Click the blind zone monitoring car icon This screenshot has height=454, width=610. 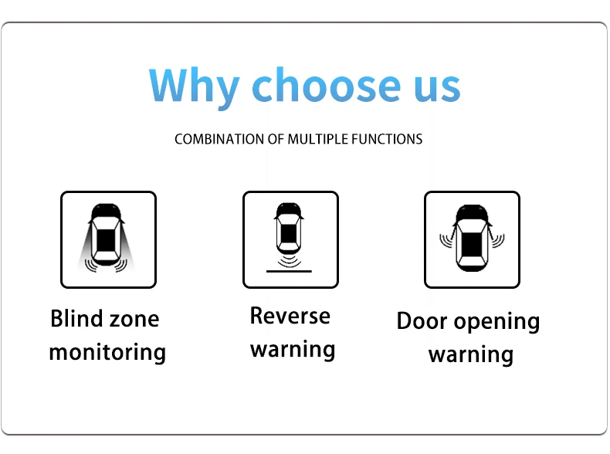[x=108, y=239]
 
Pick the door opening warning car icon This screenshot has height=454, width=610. [x=472, y=239]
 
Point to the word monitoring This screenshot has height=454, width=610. [x=107, y=354]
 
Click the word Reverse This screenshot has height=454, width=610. [x=290, y=316]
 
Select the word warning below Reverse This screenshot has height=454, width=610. [x=293, y=350]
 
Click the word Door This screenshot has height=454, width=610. [x=422, y=321]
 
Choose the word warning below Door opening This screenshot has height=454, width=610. [x=471, y=355]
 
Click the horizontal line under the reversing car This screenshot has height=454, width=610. [x=290, y=271]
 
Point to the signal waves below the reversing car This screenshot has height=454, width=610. [x=290, y=261]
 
